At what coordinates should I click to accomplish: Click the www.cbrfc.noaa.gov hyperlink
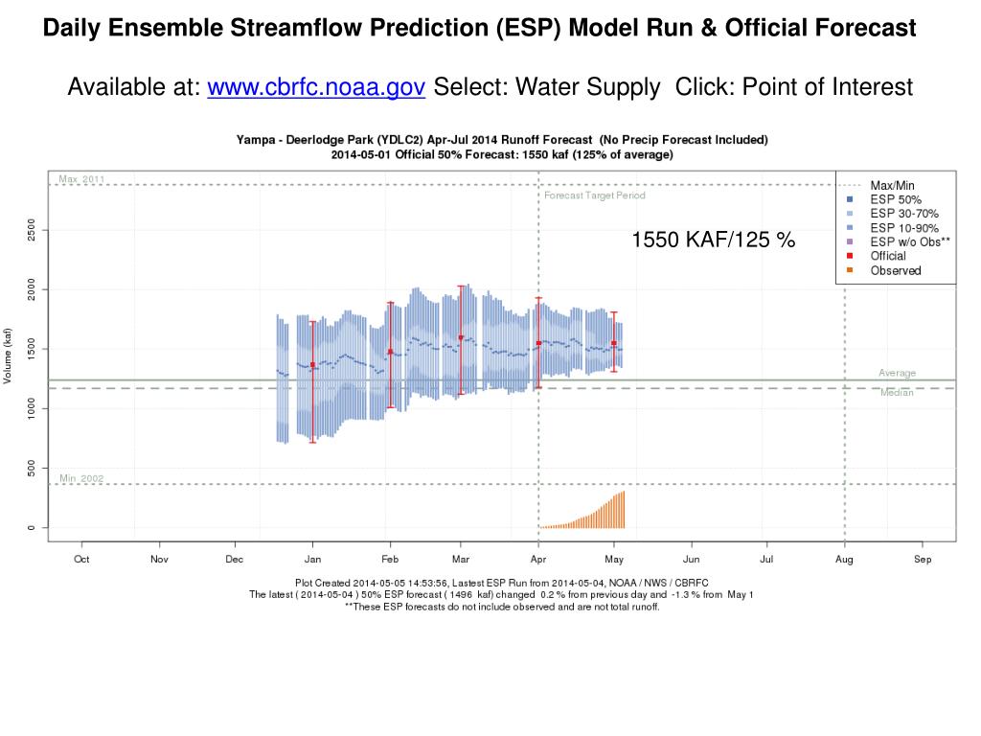[x=316, y=87]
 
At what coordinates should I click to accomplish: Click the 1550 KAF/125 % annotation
[x=713, y=240]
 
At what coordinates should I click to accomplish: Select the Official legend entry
[x=887, y=256]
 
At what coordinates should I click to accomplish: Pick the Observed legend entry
[x=895, y=270]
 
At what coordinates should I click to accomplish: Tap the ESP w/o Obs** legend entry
[x=909, y=241]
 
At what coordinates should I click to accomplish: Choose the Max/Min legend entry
[x=891, y=184]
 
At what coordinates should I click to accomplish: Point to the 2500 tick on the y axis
[x=32, y=230]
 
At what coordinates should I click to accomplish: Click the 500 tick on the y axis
[x=32, y=468]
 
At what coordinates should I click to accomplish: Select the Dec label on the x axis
[x=235, y=559]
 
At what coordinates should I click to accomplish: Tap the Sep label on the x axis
[x=923, y=559]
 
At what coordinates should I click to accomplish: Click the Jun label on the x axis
[x=691, y=559]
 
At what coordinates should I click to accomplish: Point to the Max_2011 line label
[x=81, y=179]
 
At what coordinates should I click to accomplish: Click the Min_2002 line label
[x=81, y=478]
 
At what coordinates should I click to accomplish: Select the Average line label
[x=897, y=373]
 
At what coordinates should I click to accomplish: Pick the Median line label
[x=897, y=393]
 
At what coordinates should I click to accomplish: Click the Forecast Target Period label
[x=595, y=195]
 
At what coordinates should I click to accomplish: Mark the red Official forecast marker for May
[x=614, y=342]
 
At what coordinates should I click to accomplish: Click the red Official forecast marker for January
[x=313, y=364]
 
